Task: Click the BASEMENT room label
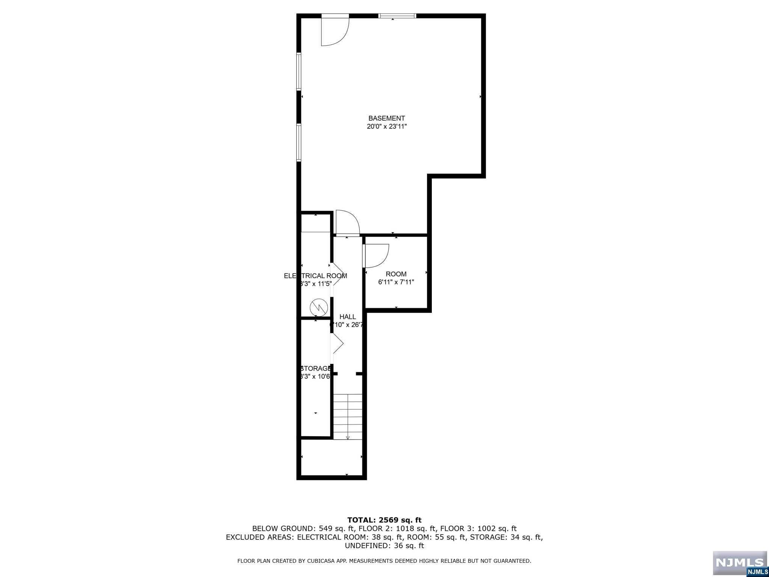tap(386, 118)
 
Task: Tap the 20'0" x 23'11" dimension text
tap(387, 127)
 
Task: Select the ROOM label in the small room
tap(396, 274)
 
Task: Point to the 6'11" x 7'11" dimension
tap(396, 282)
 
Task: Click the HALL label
tap(347, 317)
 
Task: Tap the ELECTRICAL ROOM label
tap(315, 276)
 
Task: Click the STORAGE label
tap(315, 369)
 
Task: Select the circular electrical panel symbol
tap(318, 308)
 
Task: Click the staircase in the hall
tap(348, 416)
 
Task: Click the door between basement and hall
tap(347, 224)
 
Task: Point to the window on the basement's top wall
tap(397, 16)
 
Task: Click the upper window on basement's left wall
tap(299, 71)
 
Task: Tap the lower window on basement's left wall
tap(299, 143)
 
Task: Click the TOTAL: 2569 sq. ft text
tap(384, 520)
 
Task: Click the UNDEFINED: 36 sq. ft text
tap(384, 546)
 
